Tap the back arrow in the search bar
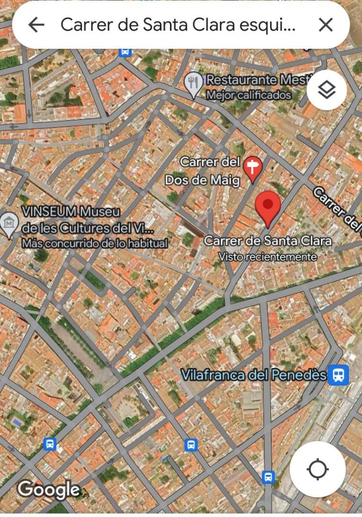pos(36,25)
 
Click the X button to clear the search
pos(326,25)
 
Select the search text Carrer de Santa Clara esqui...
pos(178,25)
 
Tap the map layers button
pos(327,90)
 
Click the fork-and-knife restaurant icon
pos(193,84)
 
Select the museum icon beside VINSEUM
pos(9,224)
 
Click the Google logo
pos(49,489)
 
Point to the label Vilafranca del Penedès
pos(254,375)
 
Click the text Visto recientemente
pos(268,257)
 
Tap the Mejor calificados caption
pos(249,95)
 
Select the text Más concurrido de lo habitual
pos(95,243)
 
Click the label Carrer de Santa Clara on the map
pos(268,241)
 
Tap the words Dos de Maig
pos(202,180)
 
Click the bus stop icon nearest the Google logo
pos(50,444)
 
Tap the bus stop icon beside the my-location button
pos(268,477)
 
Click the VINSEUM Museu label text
pos(71,211)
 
